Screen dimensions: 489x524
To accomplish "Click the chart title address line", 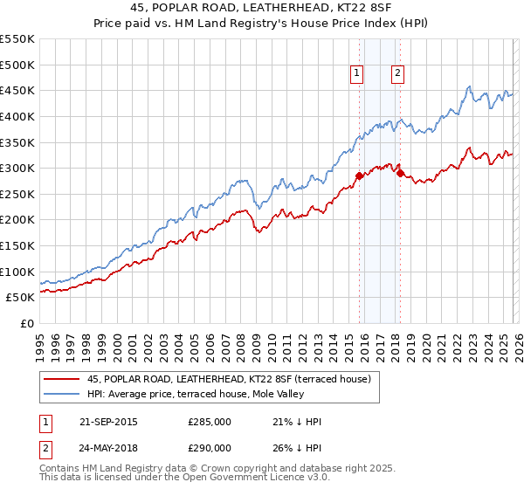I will click(x=261, y=8).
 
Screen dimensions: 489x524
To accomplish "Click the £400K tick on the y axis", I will click(x=17, y=116).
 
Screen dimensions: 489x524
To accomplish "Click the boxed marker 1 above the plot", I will click(x=358, y=74).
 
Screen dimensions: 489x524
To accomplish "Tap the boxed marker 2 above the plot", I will click(x=397, y=74).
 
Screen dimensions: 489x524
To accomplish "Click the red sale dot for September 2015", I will click(x=359, y=176).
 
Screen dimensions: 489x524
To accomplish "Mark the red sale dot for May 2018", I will click(x=400, y=173).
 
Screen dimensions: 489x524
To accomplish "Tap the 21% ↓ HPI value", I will click(x=297, y=422).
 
